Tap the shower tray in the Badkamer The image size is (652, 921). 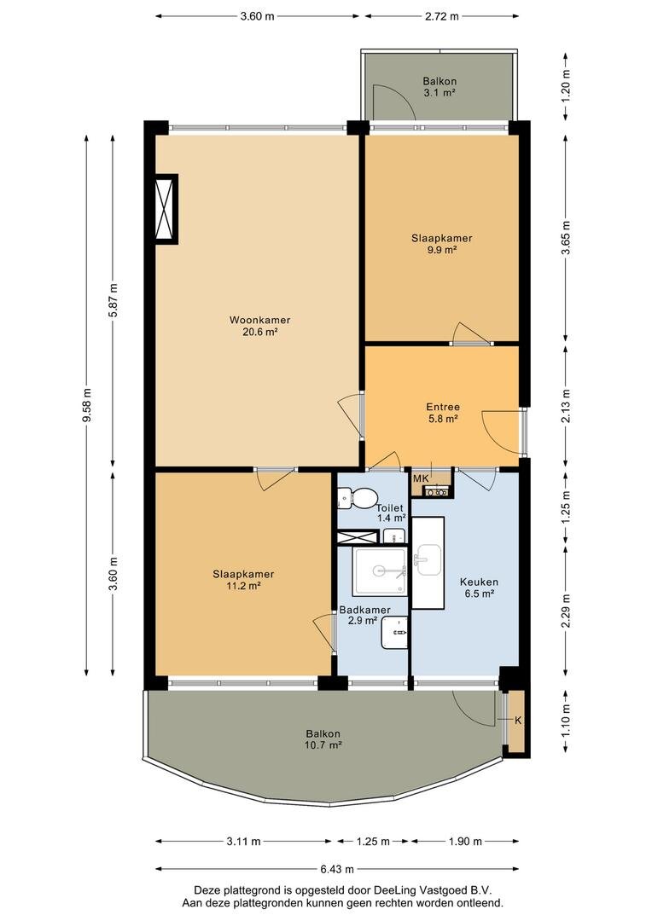pyautogui.click(x=379, y=571)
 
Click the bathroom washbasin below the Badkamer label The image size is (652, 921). pyautogui.click(x=394, y=633)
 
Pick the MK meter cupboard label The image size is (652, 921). pyautogui.click(x=421, y=478)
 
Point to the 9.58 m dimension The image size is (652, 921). pyautogui.click(x=87, y=405)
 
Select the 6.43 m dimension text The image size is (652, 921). pyautogui.click(x=337, y=869)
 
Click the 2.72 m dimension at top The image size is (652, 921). pyautogui.click(x=441, y=16)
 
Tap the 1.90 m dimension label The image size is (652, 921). pyautogui.click(x=465, y=842)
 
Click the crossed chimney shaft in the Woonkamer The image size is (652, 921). pyautogui.click(x=166, y=209)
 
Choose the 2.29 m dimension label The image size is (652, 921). pyautogui.click(x=566, y=611)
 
